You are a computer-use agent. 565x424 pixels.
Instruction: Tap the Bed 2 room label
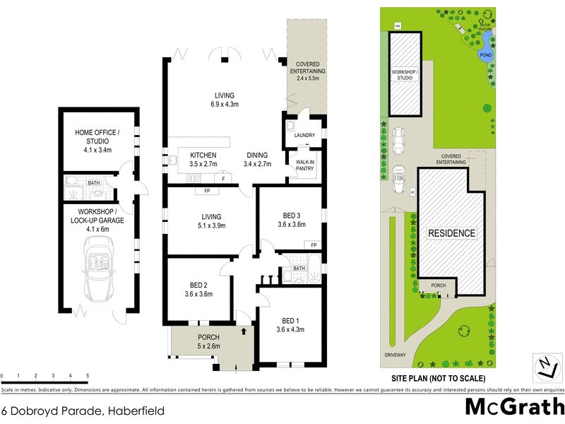click(198, 290)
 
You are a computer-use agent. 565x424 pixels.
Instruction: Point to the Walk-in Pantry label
click(304, 165)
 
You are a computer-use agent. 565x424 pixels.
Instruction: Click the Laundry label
click(304, 134)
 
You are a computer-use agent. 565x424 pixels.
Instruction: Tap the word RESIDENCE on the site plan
click(452, 232)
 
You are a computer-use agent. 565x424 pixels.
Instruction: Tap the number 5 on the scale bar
click(88, 375)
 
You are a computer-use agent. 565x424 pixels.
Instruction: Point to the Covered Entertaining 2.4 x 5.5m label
click(307, 71)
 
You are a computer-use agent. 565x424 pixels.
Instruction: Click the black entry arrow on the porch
click(244, 330)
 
